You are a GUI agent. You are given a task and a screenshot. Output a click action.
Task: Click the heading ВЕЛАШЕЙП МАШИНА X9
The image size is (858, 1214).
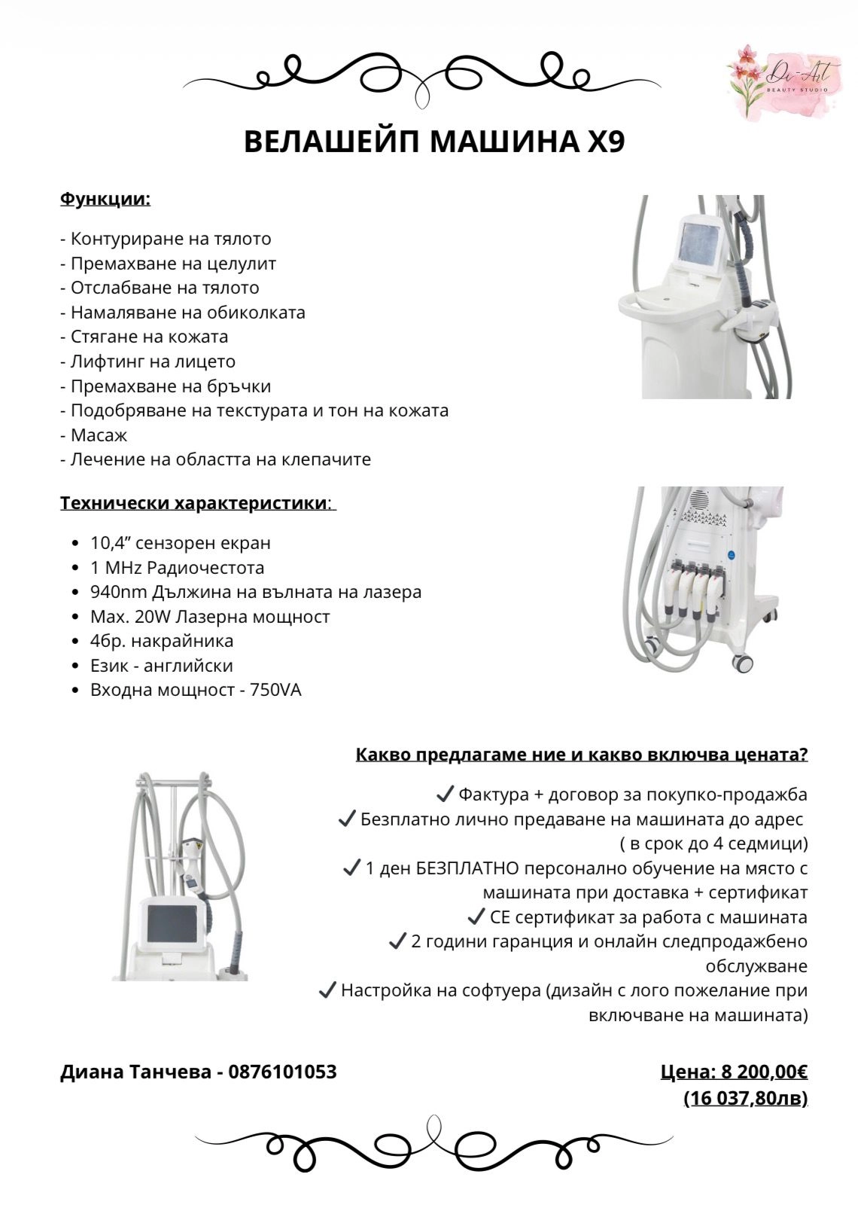click(x=434, y=142)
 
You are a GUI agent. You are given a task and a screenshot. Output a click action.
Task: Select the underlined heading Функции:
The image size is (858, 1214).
click(x=105, y=200)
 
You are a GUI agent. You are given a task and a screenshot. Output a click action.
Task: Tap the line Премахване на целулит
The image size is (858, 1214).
click(x=173, y=264)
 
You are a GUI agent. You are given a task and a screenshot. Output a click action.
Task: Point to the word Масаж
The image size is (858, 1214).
click(x=99, y=435)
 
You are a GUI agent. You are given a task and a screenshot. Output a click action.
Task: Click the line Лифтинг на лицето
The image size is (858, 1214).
click(x=153, y=361)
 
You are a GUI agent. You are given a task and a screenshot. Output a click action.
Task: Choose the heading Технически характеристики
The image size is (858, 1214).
click(x=193, y=503)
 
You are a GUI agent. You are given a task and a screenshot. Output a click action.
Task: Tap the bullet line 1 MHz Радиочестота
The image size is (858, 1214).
click(x=177, y=568)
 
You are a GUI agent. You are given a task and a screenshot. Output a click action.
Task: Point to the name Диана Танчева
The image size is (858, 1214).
click(x=135, y=1072)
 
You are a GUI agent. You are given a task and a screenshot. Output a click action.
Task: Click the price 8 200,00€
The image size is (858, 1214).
click(x=764, y=1072)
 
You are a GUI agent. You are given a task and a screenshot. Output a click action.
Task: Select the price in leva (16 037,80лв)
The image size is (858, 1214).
click(x=745, y=1099)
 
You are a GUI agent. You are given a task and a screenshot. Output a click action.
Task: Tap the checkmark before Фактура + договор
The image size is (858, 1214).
click(x=445, y=794)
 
